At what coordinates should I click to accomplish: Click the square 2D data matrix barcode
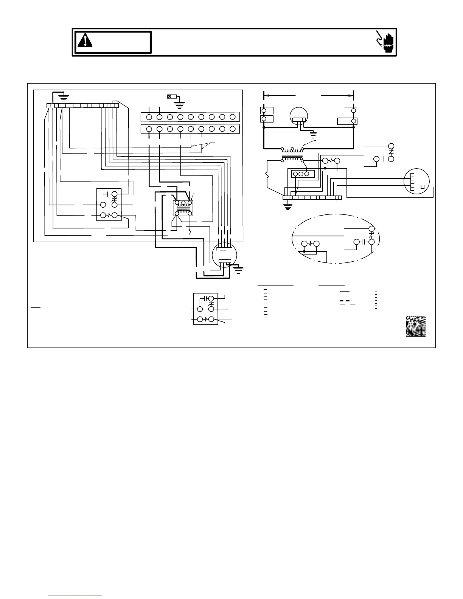[x=416, y=326]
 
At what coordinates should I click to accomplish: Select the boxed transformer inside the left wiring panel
[x=183, y=208]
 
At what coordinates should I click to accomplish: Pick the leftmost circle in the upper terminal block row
[x=149, y=117]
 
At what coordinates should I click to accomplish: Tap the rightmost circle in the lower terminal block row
[x=233, y=129]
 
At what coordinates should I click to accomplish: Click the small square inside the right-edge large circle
[x=423, y=187]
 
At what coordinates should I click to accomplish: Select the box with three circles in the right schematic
[x=300, y=174]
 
